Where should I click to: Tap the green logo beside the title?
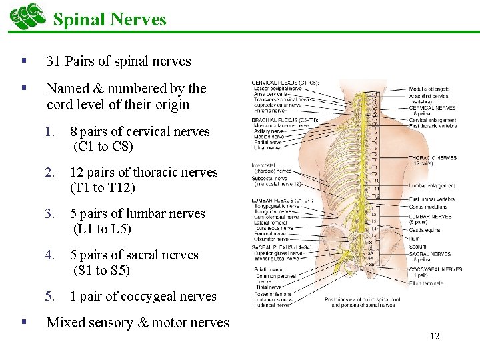(27, 16)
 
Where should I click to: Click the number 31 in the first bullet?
(53, 61)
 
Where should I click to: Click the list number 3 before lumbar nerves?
(49, 213)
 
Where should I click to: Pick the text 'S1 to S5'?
(101, 270)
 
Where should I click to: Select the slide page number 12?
(435, 336)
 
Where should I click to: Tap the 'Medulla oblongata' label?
(429, 89)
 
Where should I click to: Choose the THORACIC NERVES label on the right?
(433, 158)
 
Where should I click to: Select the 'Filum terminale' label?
(426, 285)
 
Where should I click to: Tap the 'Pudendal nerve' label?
(270, 305)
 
